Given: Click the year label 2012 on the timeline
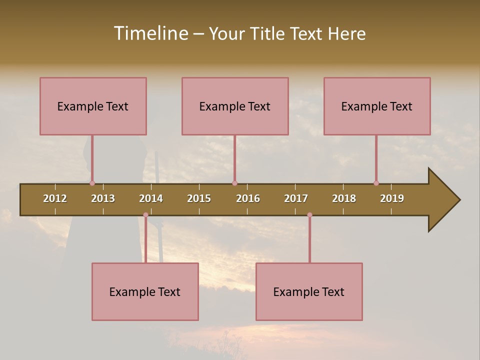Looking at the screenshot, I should (x=55, y=198).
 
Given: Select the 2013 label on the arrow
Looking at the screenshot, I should (x=103, y=198).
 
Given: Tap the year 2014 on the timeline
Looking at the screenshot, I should (x=151, y=198).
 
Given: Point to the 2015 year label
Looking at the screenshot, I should (x=199, y=198).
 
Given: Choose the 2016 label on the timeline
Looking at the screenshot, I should (x=248, y=198).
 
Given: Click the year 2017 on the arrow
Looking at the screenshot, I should (x=296, y=198).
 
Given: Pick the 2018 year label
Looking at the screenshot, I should (x=344, y=198).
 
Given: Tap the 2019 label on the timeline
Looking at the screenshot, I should (x=392, y=198).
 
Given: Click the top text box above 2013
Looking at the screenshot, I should (x=93, y=106).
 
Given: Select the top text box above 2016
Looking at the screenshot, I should (x=235, y=106).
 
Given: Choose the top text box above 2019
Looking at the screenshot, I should (x=377, y=106).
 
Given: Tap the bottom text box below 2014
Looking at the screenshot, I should (x=145, y=291).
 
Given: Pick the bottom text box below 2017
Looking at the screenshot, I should (x=309, y=291).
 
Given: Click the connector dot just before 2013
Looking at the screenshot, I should (x=92, y=183).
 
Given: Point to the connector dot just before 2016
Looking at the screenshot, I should (x=234, y=183).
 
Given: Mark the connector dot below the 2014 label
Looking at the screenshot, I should (x=145, y=215).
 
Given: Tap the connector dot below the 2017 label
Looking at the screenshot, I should (x=309, y=215).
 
